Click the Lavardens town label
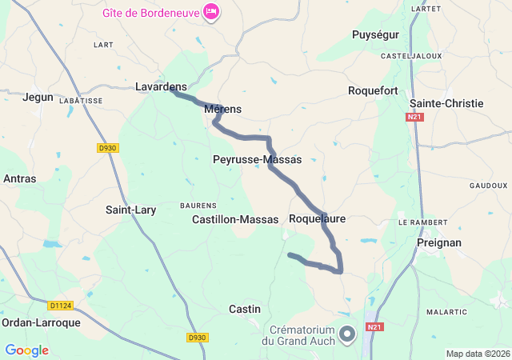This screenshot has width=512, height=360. tap(161, 86)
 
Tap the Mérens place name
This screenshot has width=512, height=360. tap(223, 109)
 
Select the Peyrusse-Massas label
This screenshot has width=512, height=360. tap(258, 160)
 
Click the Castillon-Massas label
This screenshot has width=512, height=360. tap(235, 219)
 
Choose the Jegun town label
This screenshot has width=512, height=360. tap(38, 97)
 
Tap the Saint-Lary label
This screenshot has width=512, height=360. tap(131, 210)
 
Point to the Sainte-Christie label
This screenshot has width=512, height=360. tap(446, 104)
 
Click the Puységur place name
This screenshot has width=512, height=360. tap(376, 34)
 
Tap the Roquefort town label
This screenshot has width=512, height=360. tap(373, 91)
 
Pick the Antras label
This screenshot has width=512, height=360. tap(20, 178)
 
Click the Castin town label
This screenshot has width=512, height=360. tap(245, 309)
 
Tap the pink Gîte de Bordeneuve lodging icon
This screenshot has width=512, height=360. tap(211, 11)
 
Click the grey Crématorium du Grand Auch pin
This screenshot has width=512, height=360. tap(346, 334)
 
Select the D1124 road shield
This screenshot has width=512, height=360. tap(60, 305)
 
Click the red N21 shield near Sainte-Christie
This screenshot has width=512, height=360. tap(414, 118)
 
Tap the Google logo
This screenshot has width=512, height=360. tap(26, 350)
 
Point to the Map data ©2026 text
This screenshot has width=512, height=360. tap(478, 354)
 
